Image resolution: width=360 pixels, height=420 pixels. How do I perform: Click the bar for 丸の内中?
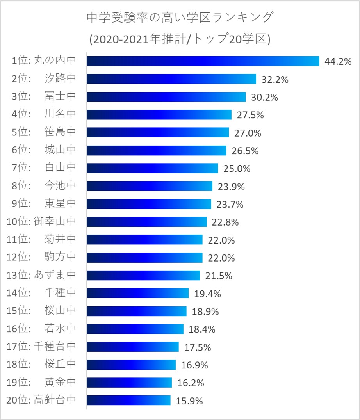[203, 61]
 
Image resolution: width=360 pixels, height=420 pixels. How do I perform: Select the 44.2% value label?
[338, 61]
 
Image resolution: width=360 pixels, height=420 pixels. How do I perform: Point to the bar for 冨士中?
[166, 97]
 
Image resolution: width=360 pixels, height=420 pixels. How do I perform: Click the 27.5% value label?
[250, 115]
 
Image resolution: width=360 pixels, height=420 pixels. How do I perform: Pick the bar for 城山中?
[156, 150]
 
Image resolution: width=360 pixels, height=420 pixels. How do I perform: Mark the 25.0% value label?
[237, 168]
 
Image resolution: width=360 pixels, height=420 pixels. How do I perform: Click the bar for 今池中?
[150, 186]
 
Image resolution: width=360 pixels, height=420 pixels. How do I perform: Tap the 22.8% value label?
[225, 222]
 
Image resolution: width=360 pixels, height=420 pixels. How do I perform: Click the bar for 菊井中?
[144, 239]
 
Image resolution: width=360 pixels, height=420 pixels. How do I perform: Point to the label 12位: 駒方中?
[41, 257]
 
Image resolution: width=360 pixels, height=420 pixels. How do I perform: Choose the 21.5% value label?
[219, 275]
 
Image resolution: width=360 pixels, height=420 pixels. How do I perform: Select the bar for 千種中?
[137, 293]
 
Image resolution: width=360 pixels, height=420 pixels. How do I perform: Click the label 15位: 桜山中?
[41, 311]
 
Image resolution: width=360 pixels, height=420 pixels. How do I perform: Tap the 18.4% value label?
[202, 329]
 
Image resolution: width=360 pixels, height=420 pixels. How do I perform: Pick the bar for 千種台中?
[132, 346]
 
